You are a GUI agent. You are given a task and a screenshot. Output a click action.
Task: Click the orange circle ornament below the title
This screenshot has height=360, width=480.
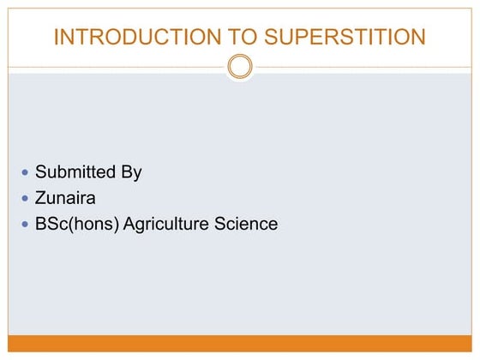pyautogui.click(x=240, y=66)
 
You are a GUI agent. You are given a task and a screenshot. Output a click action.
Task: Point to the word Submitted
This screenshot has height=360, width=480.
pyautogui.click(x=75, y=172)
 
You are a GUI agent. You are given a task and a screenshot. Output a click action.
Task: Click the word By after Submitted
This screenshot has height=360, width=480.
pyautogui.click(x=131, y=172)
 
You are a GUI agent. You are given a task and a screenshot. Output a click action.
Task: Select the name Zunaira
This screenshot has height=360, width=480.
pyautogui.click(x=64, y=198)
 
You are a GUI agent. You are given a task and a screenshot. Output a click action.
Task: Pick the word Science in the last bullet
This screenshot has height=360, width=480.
pyautogui.click(x=247, y=225)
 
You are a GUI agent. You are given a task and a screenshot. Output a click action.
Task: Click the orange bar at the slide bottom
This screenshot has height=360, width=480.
pyautogui.click(x=240, y=343)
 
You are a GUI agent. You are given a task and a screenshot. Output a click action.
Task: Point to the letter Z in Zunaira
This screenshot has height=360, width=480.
pyautogui.click(x=40, y=198)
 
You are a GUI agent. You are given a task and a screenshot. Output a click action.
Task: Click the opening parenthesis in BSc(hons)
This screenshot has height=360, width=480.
pyautogui.click(x=65, y=225)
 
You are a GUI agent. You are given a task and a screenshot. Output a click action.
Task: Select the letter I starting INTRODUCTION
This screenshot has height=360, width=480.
pyautogui.click(x=56, y=37)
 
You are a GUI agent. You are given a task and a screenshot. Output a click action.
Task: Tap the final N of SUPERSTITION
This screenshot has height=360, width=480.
pyautogui.click(x=418, y=37)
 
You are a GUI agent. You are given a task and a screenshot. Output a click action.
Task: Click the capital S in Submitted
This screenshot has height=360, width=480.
pyautogui.click(x=41, y=172)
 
